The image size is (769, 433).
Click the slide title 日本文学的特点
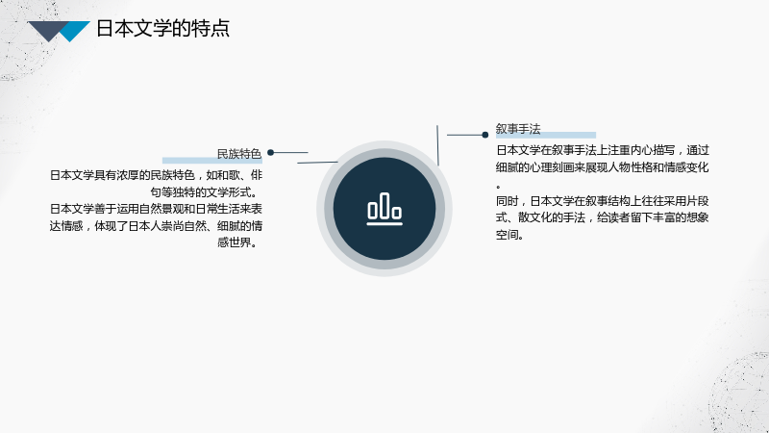click(162, 29)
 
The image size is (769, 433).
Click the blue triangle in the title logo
click(75, 30)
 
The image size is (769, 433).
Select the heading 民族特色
click(238, 154)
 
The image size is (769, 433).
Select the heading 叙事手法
click(518, 129)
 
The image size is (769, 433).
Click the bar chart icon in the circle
click(384, 209)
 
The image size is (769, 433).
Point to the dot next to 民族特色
click(270, 153)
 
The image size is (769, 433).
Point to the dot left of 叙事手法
click(485, 135)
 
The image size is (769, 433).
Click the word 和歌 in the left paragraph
click(228, 175)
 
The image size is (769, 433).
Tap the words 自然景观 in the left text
click(161, 209)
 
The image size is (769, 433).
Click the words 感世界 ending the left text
click(234, 242)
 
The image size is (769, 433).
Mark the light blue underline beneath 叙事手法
click(546, 135)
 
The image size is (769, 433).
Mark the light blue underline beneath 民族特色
click(212, 160)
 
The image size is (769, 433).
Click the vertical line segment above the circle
click(437, 145)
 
